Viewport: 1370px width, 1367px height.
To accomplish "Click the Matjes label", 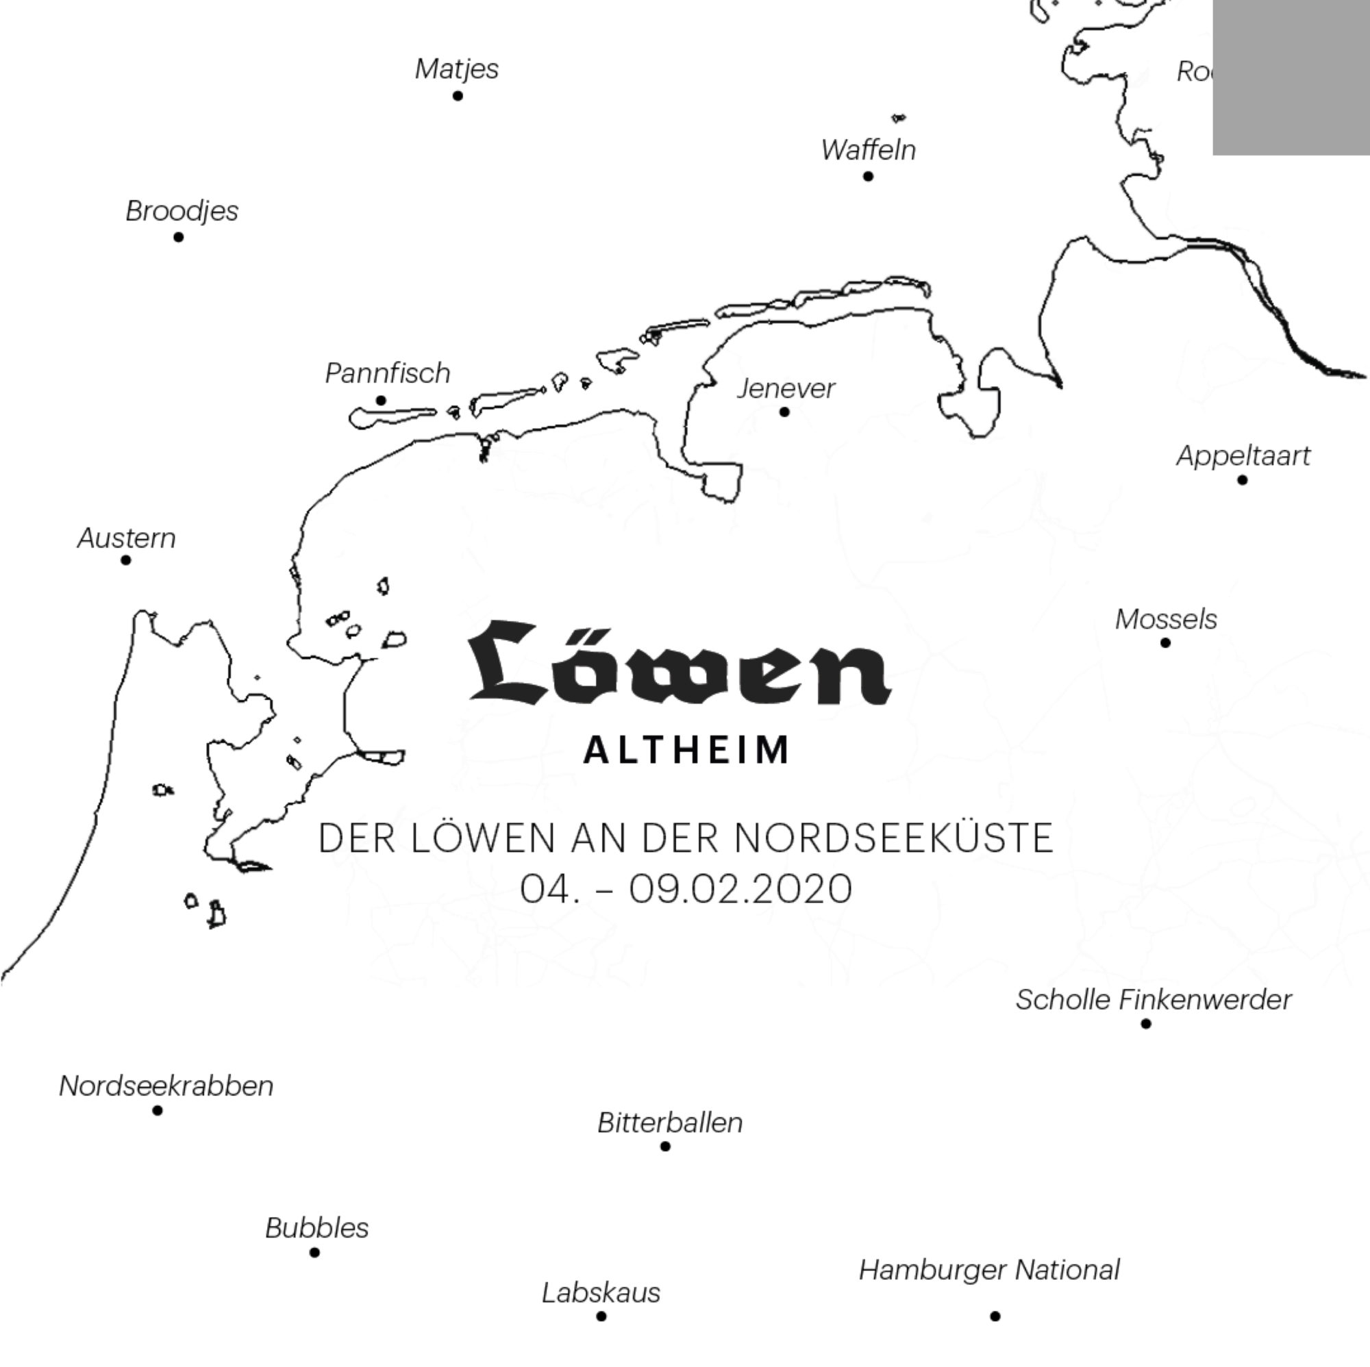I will click(457, 68).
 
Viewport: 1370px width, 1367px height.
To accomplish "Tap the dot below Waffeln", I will click(868, 176).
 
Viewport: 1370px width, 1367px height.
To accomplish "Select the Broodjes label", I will click(182, 210).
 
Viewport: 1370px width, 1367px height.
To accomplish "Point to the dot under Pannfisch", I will click(381, 401).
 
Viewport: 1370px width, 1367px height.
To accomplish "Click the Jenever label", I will click(786, 388).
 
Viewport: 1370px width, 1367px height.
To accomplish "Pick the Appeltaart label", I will click(1243, 455).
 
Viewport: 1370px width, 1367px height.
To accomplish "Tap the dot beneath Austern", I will click(125, 560).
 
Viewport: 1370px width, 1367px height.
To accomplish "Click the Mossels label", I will click(1166, 619).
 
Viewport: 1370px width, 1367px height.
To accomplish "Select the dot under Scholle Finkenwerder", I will click(1146, 1023).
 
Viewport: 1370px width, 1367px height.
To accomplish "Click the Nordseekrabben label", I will click(166, 1086).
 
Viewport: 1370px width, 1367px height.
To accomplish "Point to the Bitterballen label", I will click(670, 1123).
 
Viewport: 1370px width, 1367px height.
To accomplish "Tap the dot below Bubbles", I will click(314, 1252).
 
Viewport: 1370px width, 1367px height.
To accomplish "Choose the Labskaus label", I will click(601, 1292).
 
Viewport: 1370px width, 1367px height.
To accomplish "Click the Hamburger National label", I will click(989, 1270).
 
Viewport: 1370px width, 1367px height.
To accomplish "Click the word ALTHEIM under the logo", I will click(686, 750).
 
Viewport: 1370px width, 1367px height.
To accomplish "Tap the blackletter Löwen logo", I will click(679, 664).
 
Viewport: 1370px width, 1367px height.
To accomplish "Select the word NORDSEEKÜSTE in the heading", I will click(893, 838).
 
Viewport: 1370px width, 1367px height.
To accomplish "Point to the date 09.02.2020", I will click(740, 889).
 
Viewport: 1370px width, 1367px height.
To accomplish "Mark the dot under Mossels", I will click(1165, 642).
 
